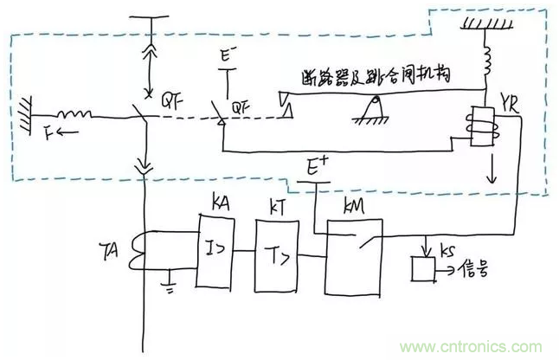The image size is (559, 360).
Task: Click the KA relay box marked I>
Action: (x=217, y=251)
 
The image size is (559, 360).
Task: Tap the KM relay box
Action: (x=356, y=256)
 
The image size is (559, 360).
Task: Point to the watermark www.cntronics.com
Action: (x=490, y=344)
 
